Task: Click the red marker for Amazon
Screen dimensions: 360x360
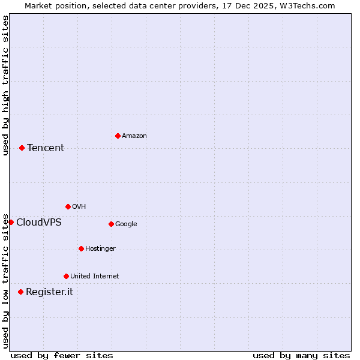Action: pos(118,136)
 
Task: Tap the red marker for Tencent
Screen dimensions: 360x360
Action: pos(22,148)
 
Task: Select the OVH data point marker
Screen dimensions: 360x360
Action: pos(68,206)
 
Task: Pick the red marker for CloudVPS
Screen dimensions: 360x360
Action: pos(11,222)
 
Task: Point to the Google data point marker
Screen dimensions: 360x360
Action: pos(111,224)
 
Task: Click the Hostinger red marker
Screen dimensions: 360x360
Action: pos(81,248)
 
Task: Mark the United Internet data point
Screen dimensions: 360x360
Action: pos(66,276)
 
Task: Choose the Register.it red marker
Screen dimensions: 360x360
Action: pos(20,292)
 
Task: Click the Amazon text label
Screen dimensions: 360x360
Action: pos(134,136)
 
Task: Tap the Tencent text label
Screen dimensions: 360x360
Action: pos(46,148)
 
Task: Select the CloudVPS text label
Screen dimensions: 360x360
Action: pos(38,223)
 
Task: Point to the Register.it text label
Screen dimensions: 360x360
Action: pos(49,292)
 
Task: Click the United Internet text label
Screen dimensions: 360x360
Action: pos(94,277)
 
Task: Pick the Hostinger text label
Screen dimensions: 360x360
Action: pos(100,249)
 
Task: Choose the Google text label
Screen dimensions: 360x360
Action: pos(126,224)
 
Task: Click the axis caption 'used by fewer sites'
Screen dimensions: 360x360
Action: pos(62,355)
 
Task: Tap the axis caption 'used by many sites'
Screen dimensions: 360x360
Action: pos(301,355)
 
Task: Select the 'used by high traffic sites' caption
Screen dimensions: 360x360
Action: pos(5,85)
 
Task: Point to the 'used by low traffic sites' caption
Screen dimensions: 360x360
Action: pos(5,280)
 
